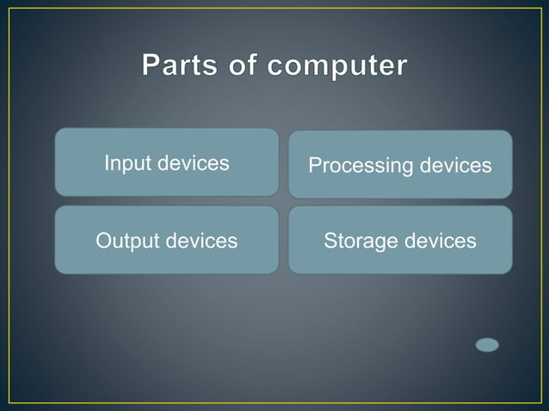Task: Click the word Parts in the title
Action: click(178, 66)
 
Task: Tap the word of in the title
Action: click(240, 66)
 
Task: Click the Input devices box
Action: click(167, 163)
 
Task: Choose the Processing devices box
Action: click(400, 164)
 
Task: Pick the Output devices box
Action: click(167, 241)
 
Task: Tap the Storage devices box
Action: click(400, 241)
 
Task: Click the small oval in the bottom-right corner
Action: click(487, 345)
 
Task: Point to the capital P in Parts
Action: click(151, 66)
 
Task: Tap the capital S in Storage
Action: click(330, 241)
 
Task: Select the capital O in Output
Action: click(102, 241)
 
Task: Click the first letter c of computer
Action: click(274, 68)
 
